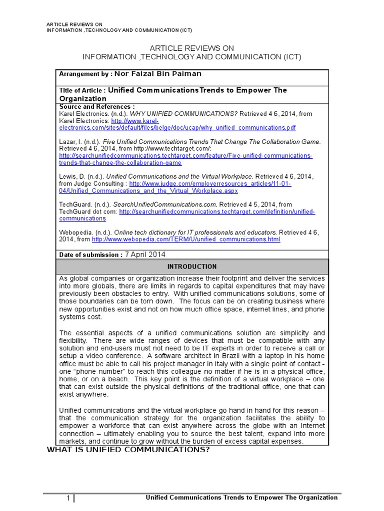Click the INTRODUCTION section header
pyautogui.click(x=192, y=266)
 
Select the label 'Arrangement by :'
pyautogui.click(x=86, y=74)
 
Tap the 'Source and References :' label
pyautogui.click(x=97, y=107)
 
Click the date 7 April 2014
pyautogui.click(x=144, y=255)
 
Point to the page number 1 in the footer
pyautogui.click(x=68, y=498)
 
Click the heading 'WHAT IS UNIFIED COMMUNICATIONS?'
pyautogui.click(x=127, y=450)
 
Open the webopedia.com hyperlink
pyautogui.click(x=186, y=240)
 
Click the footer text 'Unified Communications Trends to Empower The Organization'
pyautogui.click(x=241, y=498)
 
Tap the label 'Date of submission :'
pyautogui.click(x=90, y=255)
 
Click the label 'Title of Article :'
pyautogui.click(x=82, y=91)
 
